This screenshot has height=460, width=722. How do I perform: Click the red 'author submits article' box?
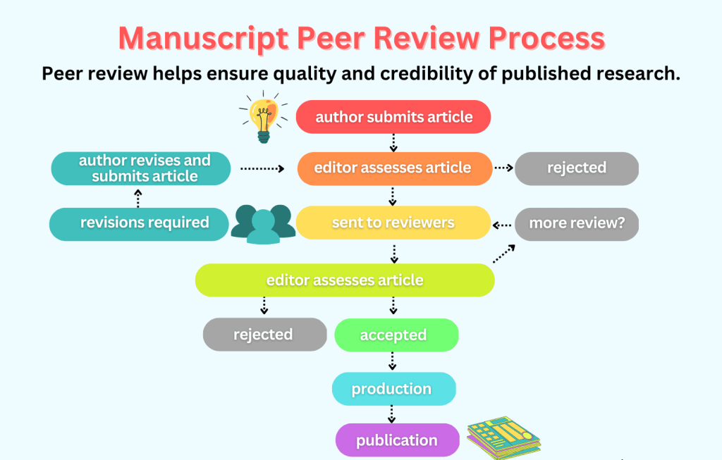coord(393,117)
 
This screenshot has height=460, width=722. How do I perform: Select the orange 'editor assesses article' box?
coord(393,168)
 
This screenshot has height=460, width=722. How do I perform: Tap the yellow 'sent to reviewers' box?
coord(393,223)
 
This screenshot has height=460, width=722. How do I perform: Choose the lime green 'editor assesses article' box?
coord(345,280)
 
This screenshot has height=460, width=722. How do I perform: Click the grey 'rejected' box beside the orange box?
coord(576,168)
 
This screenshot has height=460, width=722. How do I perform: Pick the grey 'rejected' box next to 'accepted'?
coord(264,335)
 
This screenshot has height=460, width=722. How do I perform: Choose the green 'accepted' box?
coord(396,335)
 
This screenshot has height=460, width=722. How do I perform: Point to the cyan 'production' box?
coord(393,389)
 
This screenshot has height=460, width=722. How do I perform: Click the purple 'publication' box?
coord(397,441)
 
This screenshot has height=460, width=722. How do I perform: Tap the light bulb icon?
coord(264,116)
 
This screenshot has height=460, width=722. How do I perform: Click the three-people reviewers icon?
coord(263,223)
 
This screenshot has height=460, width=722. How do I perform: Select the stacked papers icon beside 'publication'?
coord(503,439)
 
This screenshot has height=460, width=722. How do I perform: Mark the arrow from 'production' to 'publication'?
coord(393,413)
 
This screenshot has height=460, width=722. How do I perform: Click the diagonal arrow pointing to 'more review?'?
coord(503,253)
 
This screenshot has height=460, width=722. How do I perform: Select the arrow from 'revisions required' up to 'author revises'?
coord(138,198)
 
